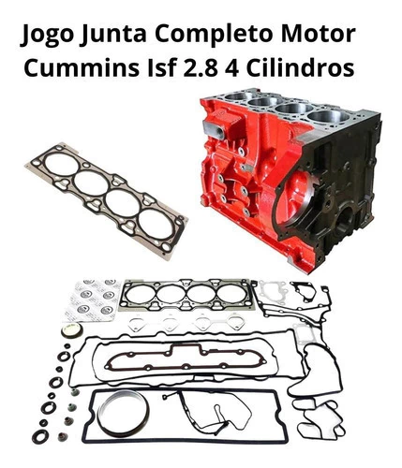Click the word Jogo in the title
pos(47,35)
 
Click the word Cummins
pos(82,68)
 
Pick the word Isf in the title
pos(161,67)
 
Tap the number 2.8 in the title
pos(200,67)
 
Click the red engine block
pos(290,178)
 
